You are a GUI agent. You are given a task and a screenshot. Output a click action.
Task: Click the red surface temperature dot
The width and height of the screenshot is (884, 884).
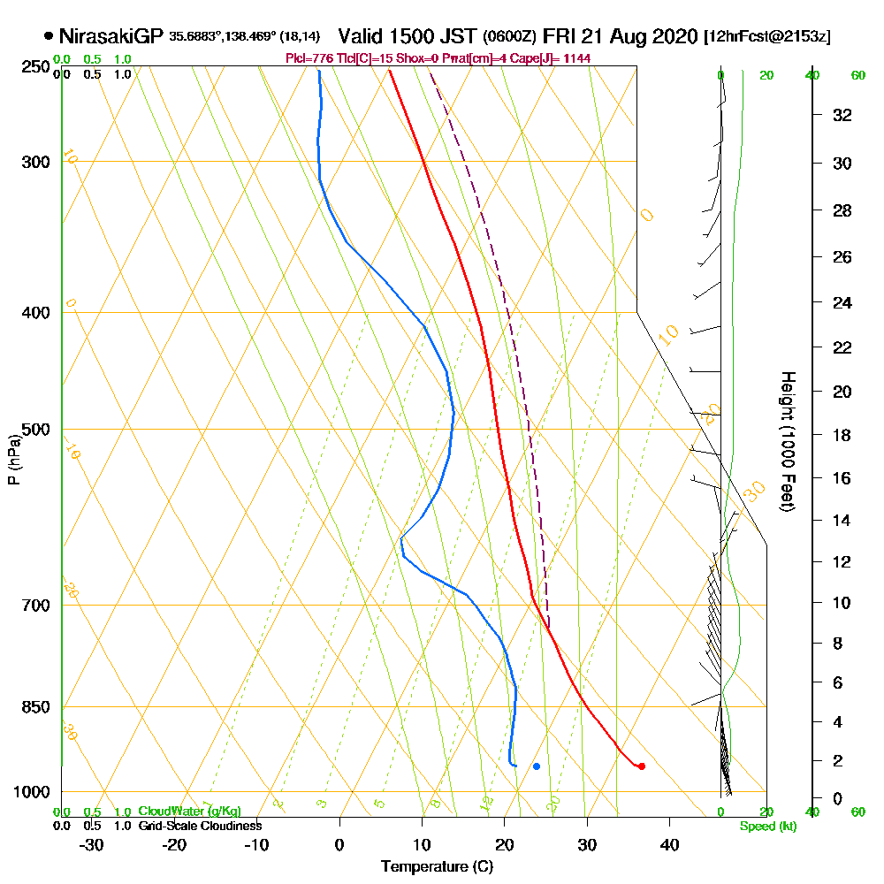[x=641, y=766]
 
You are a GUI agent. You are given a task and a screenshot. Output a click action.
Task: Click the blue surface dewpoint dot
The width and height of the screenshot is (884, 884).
[x=537, y=766]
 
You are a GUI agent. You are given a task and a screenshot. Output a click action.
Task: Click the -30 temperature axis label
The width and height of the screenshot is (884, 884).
[x=92, y=844]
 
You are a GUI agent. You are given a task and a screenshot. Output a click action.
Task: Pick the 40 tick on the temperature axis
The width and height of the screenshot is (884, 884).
[x=669, y=844]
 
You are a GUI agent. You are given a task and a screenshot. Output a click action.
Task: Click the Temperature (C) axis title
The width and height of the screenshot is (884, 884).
[x=437, y=866]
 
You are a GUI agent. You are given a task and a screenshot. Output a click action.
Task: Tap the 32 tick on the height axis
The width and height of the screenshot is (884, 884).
[x=842, y=115]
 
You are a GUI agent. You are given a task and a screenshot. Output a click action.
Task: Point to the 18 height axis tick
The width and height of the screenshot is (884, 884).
[x=842, y=435]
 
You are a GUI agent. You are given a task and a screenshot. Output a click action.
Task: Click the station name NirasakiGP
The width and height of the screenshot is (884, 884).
[x=110, y=37]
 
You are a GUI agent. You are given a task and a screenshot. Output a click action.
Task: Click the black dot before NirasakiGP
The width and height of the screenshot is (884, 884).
[x=48, y=37]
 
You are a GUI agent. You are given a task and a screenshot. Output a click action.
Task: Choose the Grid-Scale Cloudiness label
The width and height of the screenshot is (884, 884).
[x=199, y=826]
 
